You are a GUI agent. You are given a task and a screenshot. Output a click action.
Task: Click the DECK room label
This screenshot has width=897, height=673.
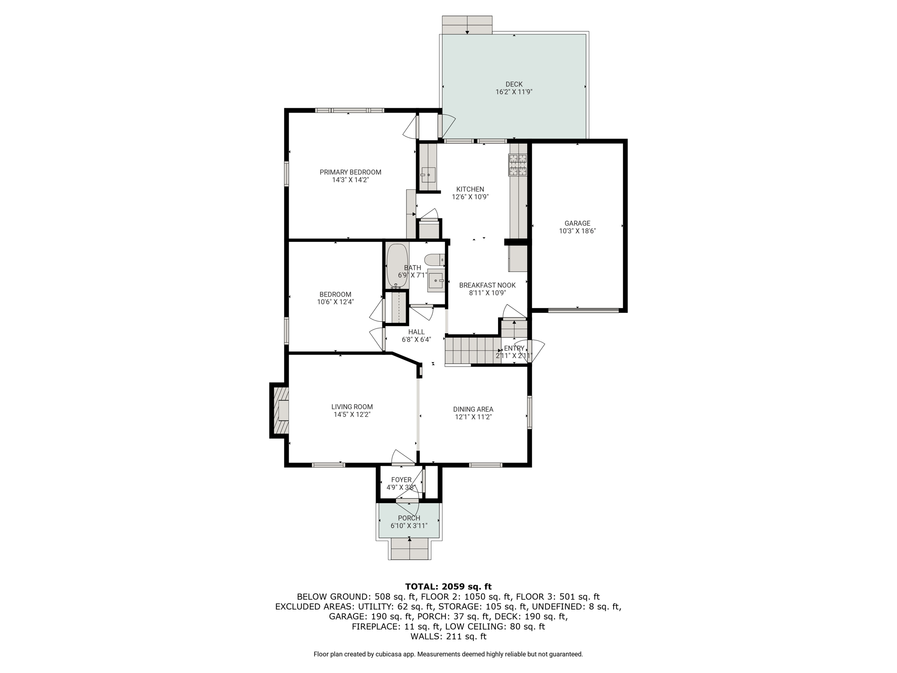514,84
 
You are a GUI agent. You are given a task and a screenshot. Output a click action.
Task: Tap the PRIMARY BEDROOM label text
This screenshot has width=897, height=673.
350,172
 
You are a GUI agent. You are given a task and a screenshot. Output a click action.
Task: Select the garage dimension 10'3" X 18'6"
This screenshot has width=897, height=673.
577,231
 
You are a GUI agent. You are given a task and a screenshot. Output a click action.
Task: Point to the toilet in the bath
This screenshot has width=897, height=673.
434,260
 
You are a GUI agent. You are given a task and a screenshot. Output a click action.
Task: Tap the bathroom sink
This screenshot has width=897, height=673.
436,280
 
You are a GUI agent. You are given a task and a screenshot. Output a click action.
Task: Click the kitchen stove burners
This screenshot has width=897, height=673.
518,165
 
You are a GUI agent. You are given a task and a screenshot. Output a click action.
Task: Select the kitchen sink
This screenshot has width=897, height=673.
428,175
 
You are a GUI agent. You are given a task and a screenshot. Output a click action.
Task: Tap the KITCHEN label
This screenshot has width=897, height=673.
470,189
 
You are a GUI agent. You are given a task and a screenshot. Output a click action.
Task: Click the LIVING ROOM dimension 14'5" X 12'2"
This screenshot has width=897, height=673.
352,414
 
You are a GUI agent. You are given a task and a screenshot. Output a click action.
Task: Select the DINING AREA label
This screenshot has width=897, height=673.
473,409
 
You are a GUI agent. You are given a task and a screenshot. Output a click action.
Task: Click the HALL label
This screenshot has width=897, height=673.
417,332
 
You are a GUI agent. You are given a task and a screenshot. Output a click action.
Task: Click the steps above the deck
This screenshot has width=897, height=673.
467,25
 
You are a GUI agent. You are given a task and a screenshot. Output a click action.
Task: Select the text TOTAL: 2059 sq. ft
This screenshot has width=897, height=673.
448,587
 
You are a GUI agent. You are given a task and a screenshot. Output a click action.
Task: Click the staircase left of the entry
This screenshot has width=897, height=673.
473,351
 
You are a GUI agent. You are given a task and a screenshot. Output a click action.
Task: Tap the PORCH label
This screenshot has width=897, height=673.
409,518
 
